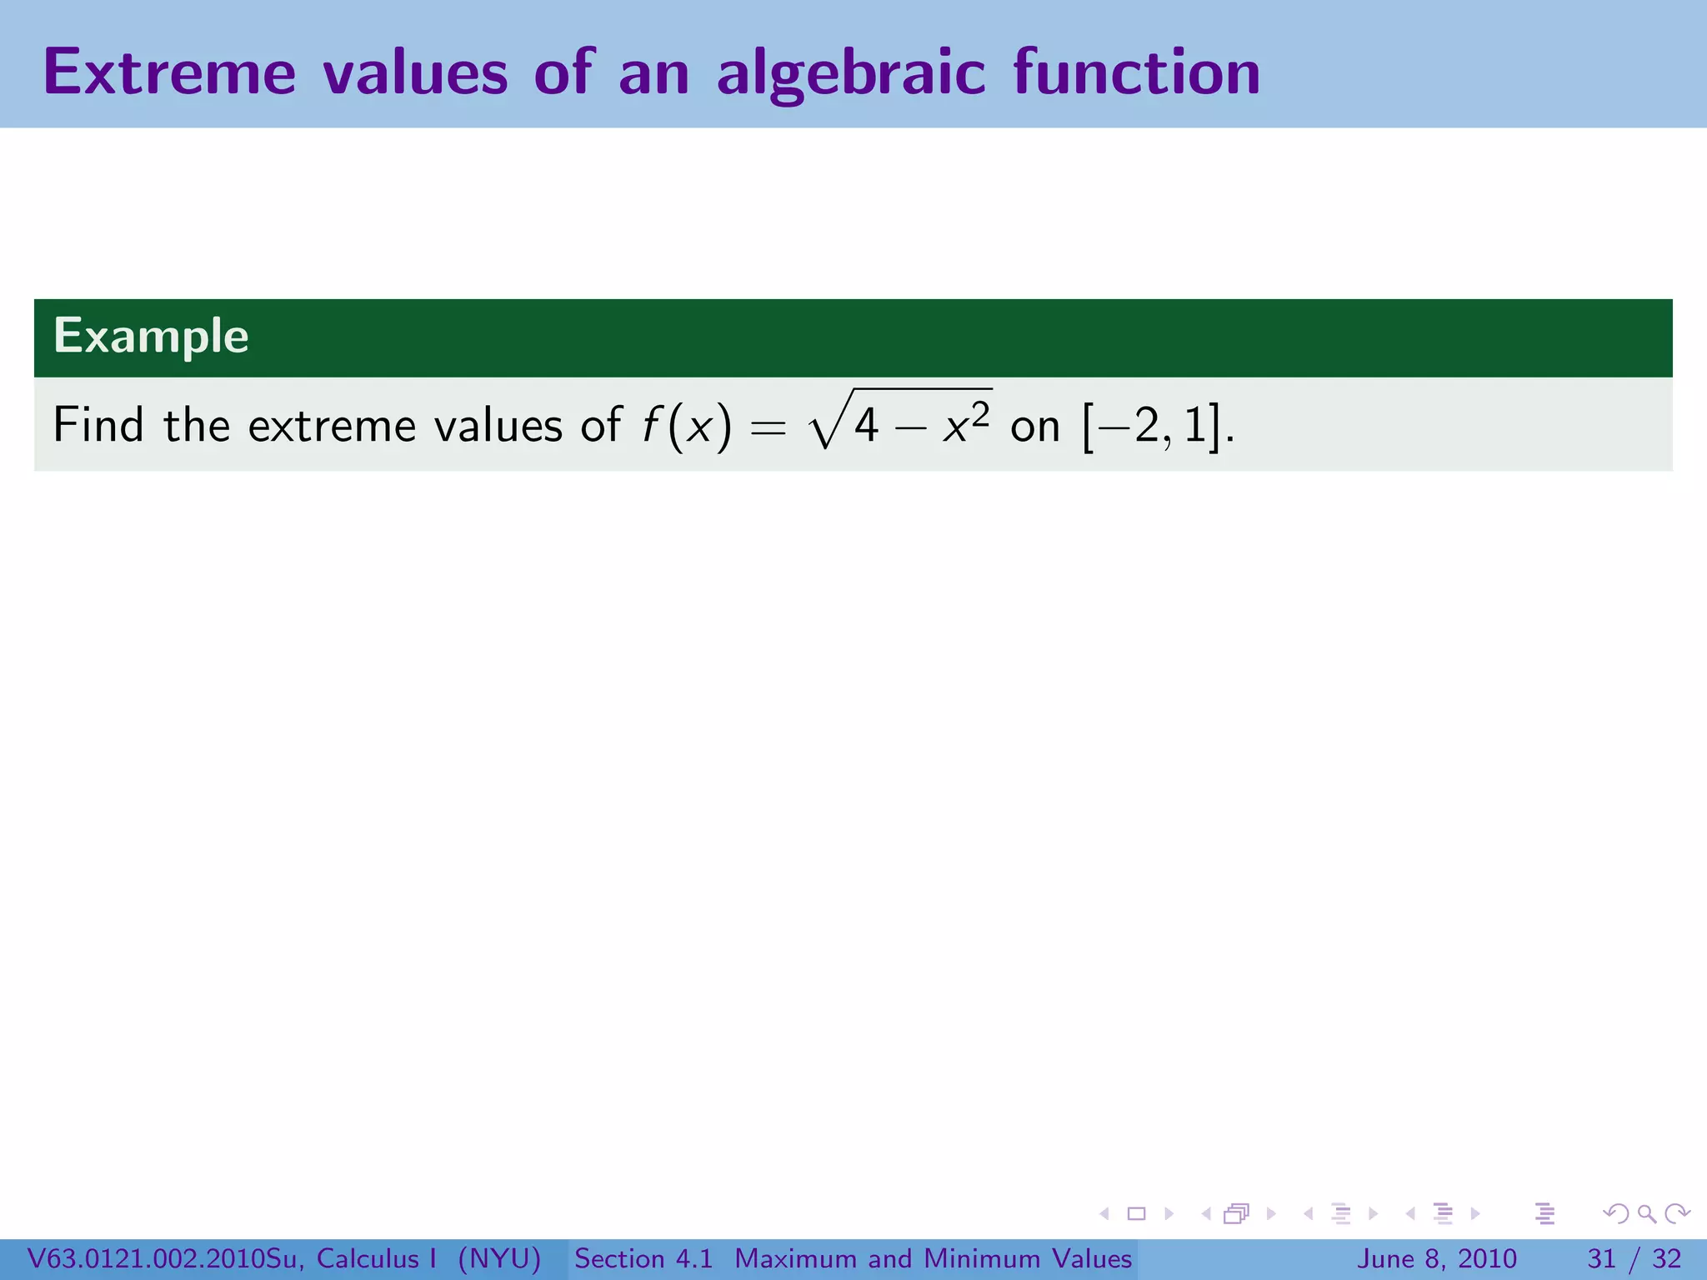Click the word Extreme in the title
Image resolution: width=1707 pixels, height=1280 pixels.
[x=169, y=72]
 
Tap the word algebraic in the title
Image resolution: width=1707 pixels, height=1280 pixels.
[x=851, y=74]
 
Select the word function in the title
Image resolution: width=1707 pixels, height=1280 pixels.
[x=1137, y=72]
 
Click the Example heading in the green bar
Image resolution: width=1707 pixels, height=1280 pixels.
[x=151, y=337]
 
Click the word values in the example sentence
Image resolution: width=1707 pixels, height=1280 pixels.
[x=498, y=425]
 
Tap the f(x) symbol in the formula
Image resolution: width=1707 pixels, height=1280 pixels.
[x=686, y=426]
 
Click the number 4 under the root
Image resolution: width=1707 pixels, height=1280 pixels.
[x=866, y=427]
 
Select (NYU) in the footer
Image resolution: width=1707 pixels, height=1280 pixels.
[x=499, y=1258]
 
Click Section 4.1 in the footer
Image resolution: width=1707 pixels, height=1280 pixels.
[x=643, y=1258]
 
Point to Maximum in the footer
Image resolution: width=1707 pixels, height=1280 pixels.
[x=796, y=1258]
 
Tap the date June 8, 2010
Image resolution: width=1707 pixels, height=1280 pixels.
[x=1437, y=1258]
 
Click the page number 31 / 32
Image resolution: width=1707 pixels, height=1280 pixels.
[x=1634, y=1258]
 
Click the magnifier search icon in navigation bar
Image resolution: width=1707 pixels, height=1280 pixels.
[x=1646, y=1213]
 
